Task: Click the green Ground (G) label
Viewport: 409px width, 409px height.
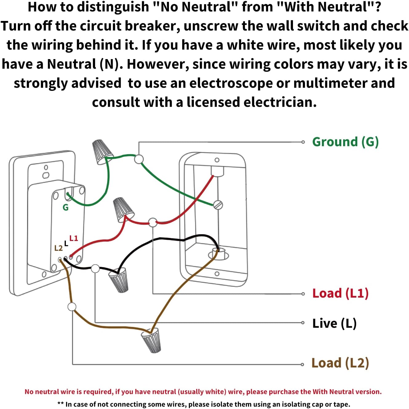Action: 345,142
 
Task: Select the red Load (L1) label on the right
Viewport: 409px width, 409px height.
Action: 340,293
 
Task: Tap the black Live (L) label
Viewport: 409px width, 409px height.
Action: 334,323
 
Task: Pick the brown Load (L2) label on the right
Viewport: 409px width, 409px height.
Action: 340,363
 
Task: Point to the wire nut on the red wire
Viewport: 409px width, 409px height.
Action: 123,209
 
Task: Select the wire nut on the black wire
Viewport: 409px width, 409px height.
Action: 119,279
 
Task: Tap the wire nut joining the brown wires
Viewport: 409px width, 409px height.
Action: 151,340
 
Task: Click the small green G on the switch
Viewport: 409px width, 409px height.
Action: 66,208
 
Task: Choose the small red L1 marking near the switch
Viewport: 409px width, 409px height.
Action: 74,238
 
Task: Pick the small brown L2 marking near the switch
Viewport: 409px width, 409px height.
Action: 58,248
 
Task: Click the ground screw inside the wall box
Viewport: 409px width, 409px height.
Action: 218,205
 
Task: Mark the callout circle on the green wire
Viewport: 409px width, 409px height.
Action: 139,159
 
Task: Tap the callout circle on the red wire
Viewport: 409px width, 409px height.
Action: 153,222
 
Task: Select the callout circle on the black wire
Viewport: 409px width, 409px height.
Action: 95,269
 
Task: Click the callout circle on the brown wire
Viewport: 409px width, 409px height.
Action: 72,307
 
